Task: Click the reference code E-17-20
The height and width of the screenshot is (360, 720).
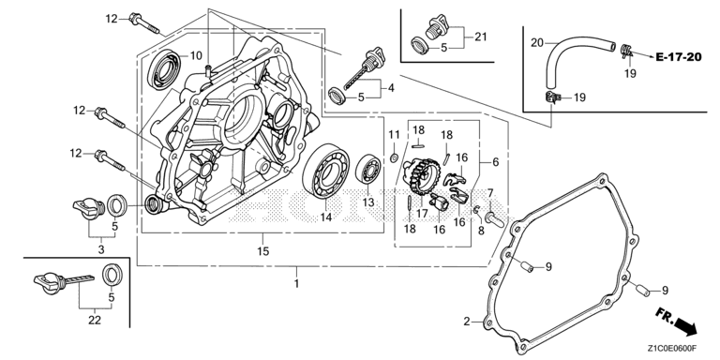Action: [678, 57]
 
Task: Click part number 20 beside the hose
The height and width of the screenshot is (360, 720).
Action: [537, 43]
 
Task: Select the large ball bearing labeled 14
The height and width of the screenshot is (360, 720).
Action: [325, 171]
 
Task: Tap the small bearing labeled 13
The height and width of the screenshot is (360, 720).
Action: [367, 170]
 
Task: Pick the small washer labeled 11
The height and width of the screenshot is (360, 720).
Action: [394, 158]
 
